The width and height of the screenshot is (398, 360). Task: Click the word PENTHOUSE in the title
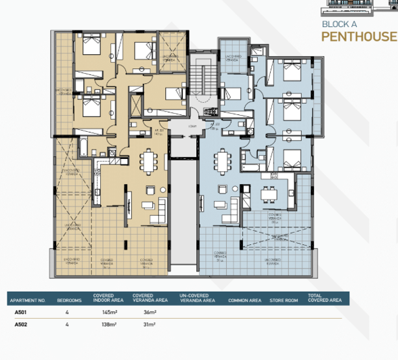pyautogui.click(x=359, y=37)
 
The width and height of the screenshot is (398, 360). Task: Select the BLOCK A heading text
pyautogui.click(x=340, y=24)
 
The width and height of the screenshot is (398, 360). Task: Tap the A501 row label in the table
pyautogui.click(x=21, y=313)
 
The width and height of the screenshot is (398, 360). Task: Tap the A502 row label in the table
pyautogui.click(x=21, y=325)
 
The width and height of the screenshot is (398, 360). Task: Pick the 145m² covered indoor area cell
pyautogui.click(x=110, y=313)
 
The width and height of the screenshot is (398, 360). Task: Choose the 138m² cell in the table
pyautogui.click(x=110, y=325)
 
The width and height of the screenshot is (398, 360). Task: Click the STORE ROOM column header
pyautogui.click(x=283, y=300)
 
